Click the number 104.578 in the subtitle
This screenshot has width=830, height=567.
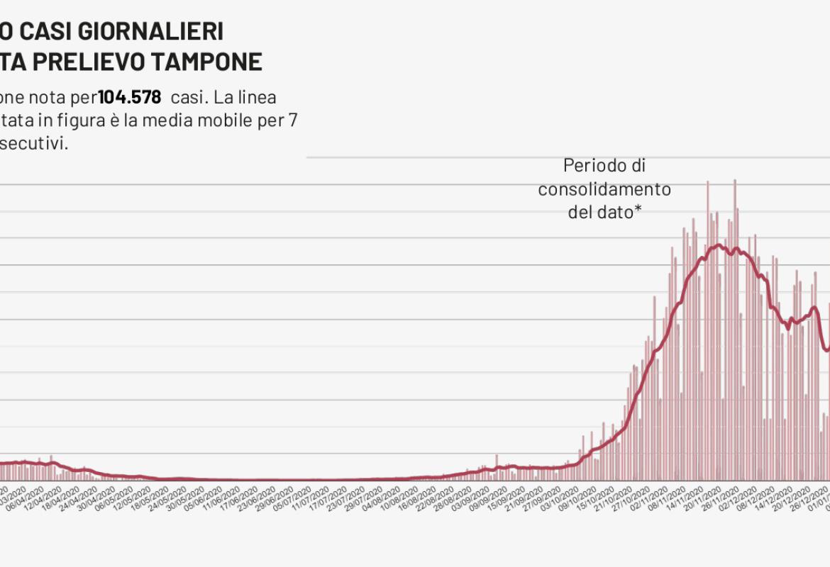pyautogui.click(x=129, y=97)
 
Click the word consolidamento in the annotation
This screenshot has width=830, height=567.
pyautogui.click(x=604, y=189)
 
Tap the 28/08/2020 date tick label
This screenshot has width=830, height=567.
pyautogui.click(x=449, y=503)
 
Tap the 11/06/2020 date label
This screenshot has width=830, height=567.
pyautogui.click(x=221, y=503)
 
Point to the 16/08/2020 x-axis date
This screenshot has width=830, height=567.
pyautogui.click(x=414, y=503)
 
